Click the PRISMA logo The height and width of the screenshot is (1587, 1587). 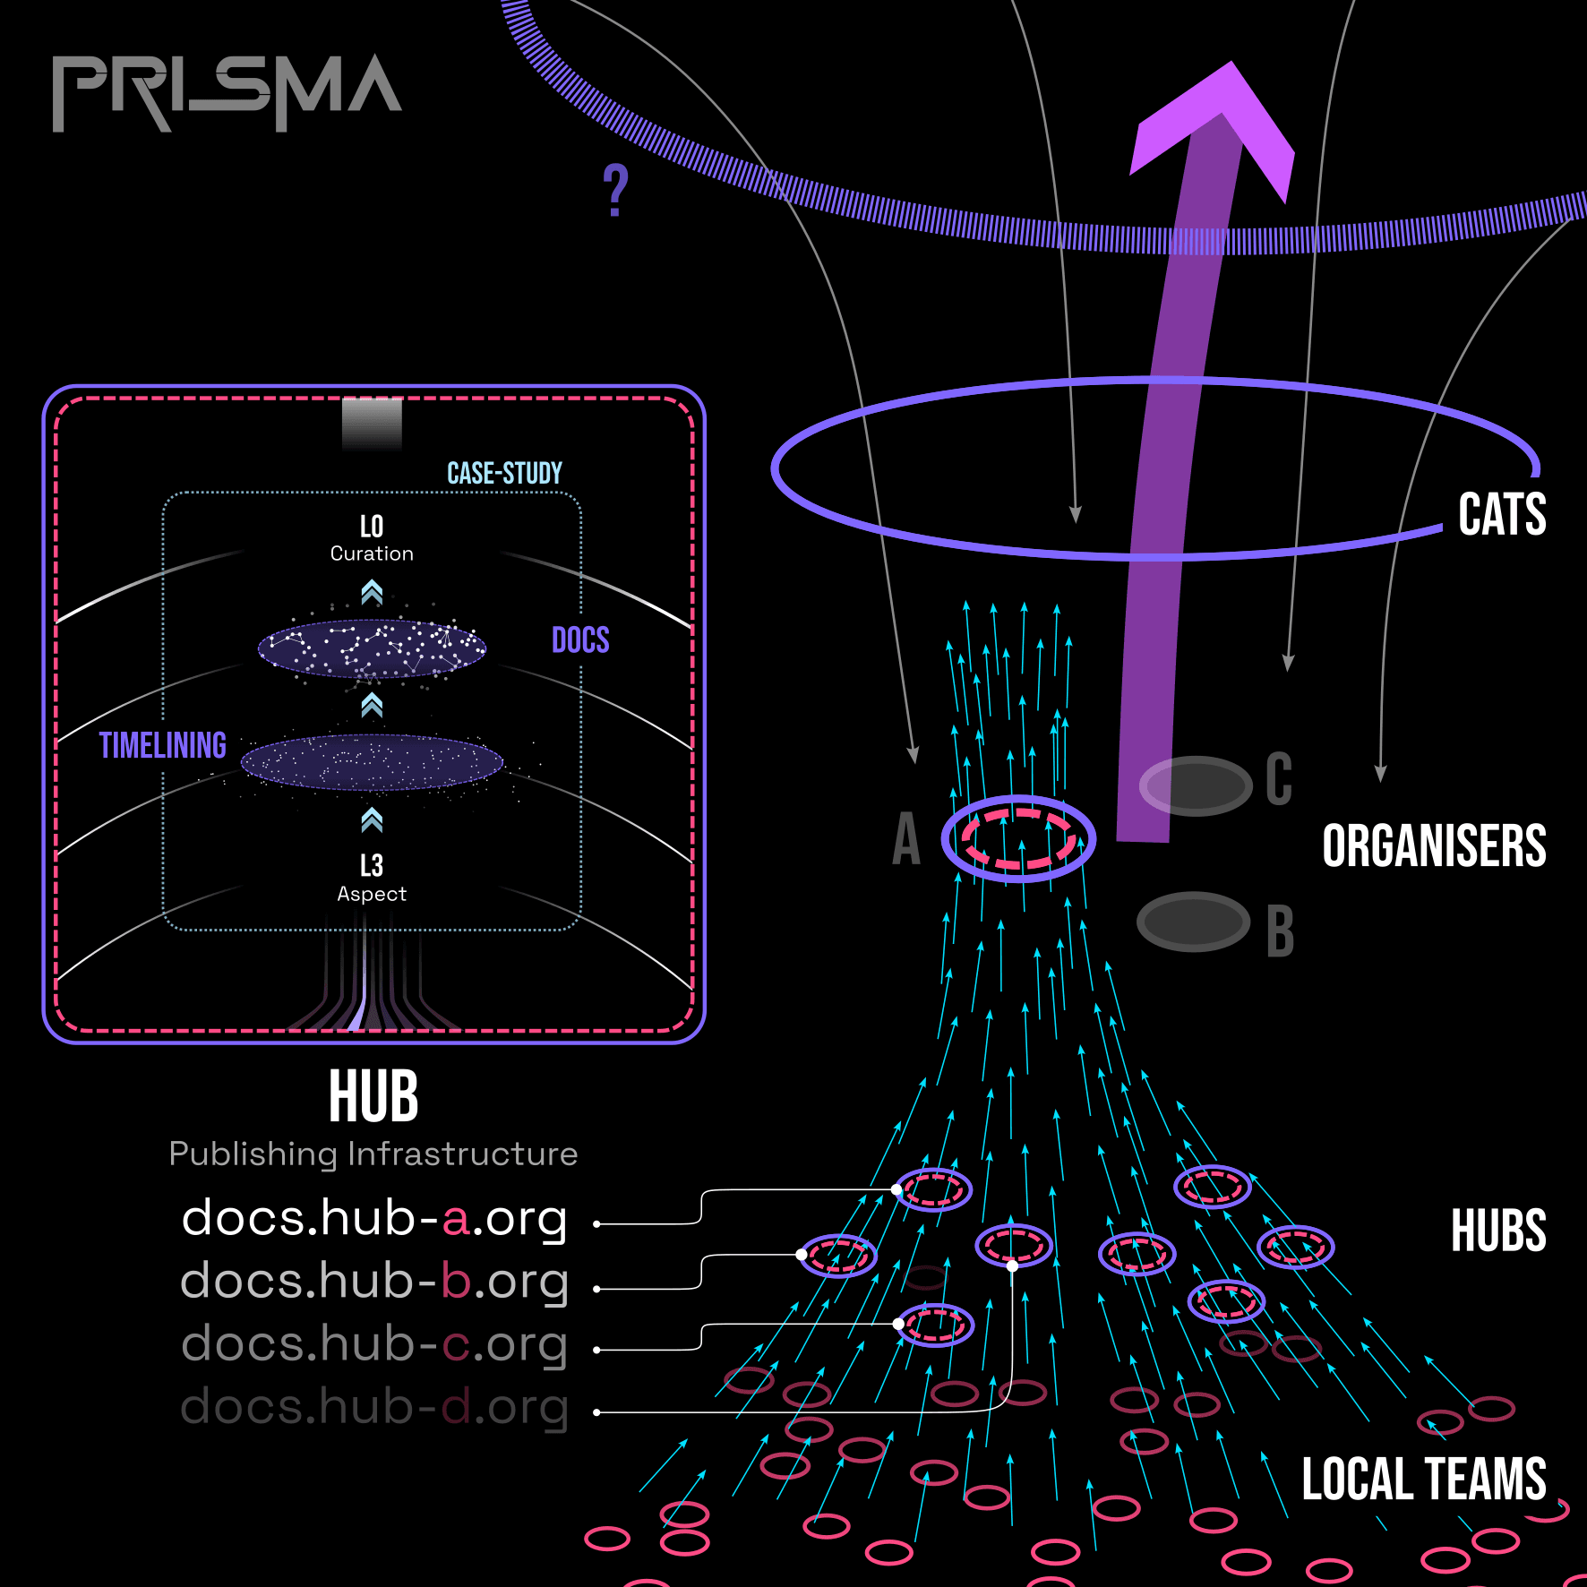tap(227, 92)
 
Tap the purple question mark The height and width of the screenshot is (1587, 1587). tap(616, 190)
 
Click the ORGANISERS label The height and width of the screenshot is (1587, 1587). tap(1434, 845)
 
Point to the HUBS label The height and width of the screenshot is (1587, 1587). tap(1498, 1231)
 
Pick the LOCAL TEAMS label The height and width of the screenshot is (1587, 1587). tap(1424, 1479)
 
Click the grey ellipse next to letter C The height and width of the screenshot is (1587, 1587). tap(1196, 785)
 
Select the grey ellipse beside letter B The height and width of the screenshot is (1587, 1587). tap(1193, 922)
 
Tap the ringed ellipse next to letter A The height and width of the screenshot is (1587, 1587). tap(1018, 838)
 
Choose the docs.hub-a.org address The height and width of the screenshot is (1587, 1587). tap(374, 1219)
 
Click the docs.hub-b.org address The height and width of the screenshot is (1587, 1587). tap(374, 1282)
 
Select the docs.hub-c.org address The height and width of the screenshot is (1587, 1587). tap(374, 1344)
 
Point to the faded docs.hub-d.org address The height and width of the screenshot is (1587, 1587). tap(374, 1407)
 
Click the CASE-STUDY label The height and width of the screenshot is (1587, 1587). tap(504, 473)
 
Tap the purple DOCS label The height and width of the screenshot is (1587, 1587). tap(580, 640)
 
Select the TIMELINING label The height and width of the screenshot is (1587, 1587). tap(162, 745)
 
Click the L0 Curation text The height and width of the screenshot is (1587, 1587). tap(372, 538)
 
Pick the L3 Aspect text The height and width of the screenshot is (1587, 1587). tap(372, 879)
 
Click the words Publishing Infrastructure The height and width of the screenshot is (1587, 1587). tap(373, 1154)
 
